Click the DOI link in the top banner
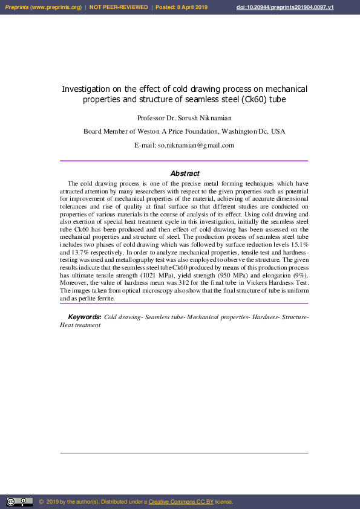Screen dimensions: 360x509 pos(284,7)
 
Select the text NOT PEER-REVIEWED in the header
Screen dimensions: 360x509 pos(119,7)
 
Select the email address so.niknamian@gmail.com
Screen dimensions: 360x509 pos(196,145)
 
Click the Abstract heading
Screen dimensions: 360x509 pos(185,173)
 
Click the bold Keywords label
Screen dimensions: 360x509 pos(84,317)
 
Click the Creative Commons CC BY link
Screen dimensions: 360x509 pos(181,502)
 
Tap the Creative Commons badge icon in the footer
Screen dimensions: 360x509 pos(19,502)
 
